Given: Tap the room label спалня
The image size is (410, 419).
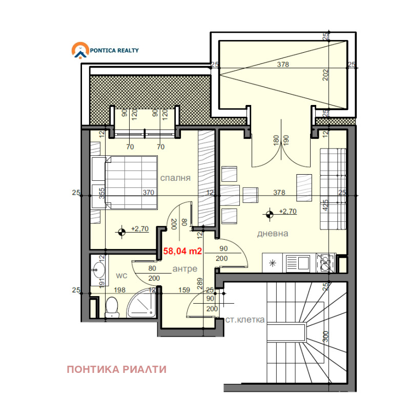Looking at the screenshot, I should (175, 178).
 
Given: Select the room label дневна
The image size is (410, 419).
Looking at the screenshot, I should (273, 233).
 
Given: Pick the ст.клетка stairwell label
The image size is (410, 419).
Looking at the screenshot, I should (245, 320).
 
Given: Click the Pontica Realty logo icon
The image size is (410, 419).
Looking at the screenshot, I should (79, 51).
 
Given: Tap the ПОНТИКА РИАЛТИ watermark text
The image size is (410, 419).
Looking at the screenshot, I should (117, 369).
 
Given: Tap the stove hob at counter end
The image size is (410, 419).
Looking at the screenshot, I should (325, 263).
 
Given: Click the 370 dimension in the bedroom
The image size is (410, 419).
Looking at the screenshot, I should (148, 193).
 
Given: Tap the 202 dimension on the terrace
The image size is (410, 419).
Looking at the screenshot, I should (325, 75).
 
